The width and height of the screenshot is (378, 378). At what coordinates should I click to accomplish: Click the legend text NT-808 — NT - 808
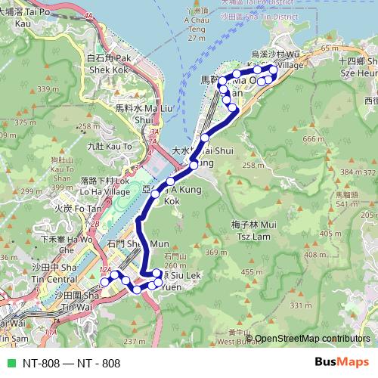tap(71, 363)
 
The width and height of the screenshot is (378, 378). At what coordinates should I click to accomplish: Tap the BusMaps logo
tap(341, 362)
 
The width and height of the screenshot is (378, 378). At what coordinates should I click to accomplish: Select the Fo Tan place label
tap(77, 208)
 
